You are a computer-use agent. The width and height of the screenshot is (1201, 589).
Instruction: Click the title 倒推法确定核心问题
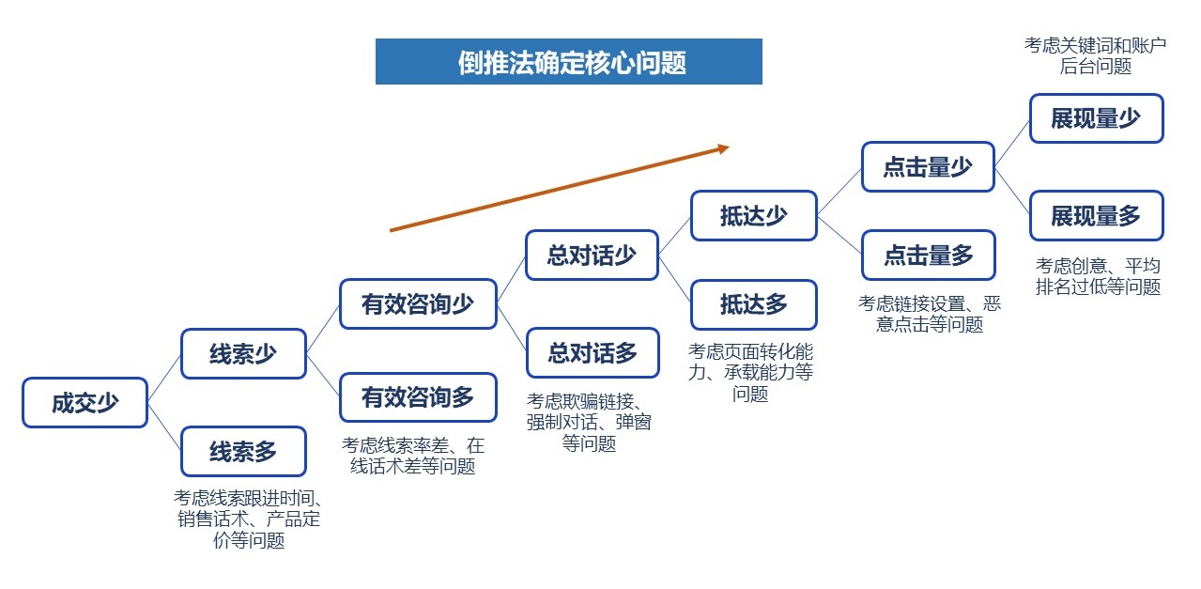[x=568, y=62]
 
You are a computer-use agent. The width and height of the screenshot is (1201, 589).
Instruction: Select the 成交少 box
[x=85, y=402]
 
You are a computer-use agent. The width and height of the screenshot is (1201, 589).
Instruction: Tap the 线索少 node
[x=243, y=353]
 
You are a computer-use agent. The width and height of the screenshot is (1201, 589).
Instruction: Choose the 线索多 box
[x=243, y=451]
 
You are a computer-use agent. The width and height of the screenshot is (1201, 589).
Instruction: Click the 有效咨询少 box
[x=418, y=303]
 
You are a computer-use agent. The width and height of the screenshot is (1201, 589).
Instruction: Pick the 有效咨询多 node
[x=418, y=397]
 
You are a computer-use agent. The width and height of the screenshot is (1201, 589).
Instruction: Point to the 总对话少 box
[x=592, y=255]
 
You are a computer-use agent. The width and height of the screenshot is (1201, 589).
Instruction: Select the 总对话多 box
[x=592, y=352]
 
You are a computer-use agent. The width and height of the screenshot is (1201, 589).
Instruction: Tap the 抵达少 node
[x=753, y=215]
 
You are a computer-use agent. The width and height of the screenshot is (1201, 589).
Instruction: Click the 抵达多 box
[x=753, y=303]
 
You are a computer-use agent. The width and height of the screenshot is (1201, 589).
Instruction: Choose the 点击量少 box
[x=928, y=166]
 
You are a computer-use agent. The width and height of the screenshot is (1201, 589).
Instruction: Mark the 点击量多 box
[x=928, y=255]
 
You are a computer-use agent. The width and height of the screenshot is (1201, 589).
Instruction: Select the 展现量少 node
[x=1096, y=118]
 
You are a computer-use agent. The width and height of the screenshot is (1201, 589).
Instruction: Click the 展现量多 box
[x=1096, y=216]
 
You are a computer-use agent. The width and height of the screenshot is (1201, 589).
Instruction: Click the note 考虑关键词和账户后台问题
[x=1096, y=55]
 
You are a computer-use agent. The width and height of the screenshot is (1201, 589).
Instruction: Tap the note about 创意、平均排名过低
[x=1098, y=275]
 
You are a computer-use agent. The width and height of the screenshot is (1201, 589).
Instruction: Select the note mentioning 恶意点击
[x=929, y=314]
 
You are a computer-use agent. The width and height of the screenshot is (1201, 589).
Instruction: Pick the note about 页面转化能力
[x=750, y=372]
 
